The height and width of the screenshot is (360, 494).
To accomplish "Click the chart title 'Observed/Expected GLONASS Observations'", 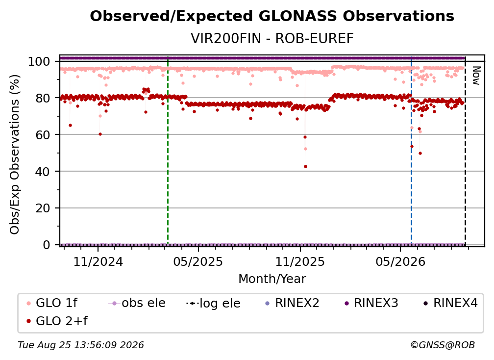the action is point(272,16).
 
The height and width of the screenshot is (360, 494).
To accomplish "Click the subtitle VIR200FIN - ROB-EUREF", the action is point(272,38).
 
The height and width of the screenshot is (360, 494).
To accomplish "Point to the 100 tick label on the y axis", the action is point(39,61).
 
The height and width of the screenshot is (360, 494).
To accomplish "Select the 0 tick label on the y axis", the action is point(46,245).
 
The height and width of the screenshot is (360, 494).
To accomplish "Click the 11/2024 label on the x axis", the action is point(98,261).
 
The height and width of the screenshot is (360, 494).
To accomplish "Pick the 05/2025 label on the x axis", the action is point(198,261).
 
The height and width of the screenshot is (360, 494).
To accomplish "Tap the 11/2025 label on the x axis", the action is point(300,261).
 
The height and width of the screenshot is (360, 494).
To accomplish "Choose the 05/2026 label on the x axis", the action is point(400,261).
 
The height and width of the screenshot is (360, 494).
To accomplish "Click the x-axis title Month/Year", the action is point(272,279).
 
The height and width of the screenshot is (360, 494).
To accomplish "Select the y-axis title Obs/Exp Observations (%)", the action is point(15,154).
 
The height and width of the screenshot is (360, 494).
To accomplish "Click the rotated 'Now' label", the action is point(476,76).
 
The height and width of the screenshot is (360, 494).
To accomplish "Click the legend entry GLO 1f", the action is point(52,303).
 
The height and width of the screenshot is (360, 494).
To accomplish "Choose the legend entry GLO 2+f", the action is point(57,321).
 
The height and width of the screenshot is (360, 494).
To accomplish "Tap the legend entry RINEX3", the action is point(371,303).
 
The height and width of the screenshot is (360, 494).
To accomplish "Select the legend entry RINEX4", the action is point(450,303).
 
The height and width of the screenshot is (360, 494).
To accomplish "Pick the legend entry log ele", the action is point(214,303).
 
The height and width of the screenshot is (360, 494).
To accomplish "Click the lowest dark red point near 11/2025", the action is point(305,166).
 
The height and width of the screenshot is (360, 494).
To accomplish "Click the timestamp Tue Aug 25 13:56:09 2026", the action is point(81,345).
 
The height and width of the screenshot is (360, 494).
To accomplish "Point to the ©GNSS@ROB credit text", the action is point(443,345).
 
